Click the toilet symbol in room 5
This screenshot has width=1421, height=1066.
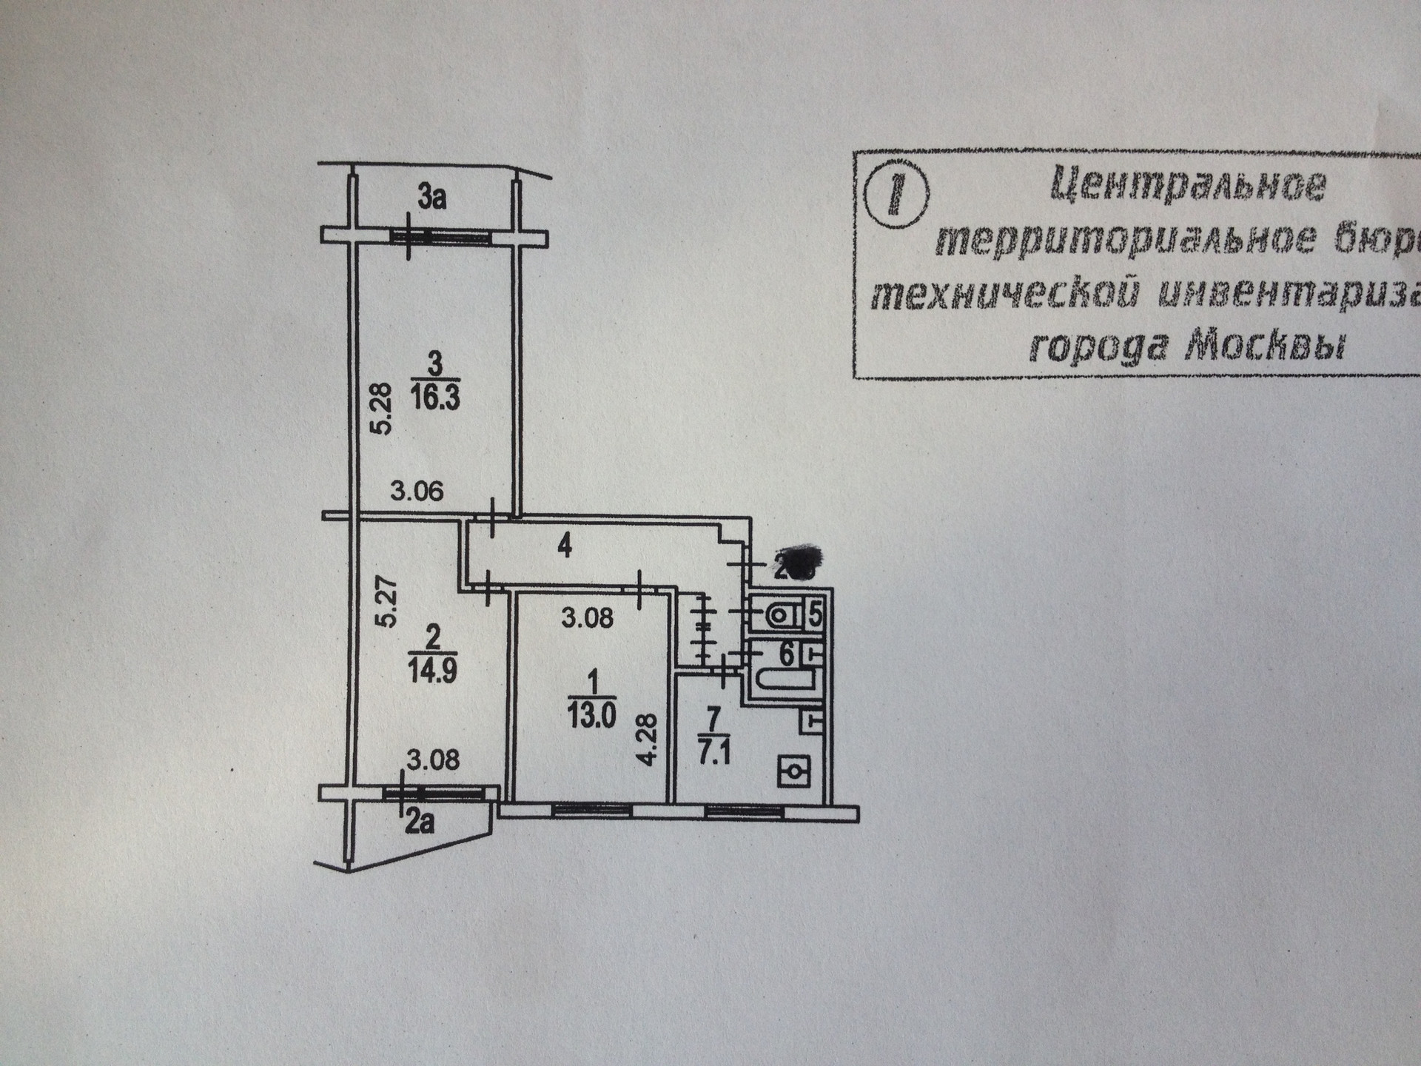click(779, 614)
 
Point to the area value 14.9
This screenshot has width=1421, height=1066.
click(431, 671)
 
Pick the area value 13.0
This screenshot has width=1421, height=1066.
click(591, 716)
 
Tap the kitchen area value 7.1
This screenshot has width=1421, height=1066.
click(713, 757)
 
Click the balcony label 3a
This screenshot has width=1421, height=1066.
click(432, 198)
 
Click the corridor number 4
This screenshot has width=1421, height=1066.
click(565, 547)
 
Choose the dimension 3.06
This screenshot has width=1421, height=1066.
click(417, 491)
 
